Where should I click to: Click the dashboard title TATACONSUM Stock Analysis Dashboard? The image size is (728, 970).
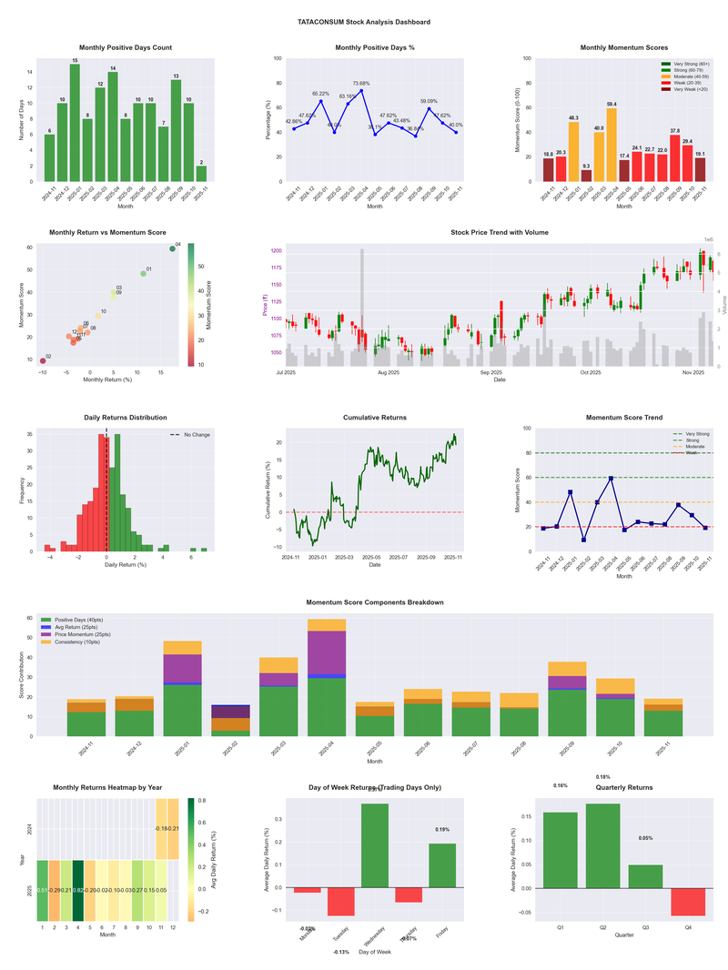[364, 22]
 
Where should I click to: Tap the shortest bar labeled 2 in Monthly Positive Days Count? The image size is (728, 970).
[201, 173]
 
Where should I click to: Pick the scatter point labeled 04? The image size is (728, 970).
[172, 248]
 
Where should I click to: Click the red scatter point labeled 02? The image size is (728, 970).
[43, 360]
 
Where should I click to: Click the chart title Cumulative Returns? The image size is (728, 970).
[375, 418]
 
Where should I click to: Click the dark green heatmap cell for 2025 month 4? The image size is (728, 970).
[79, 890]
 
